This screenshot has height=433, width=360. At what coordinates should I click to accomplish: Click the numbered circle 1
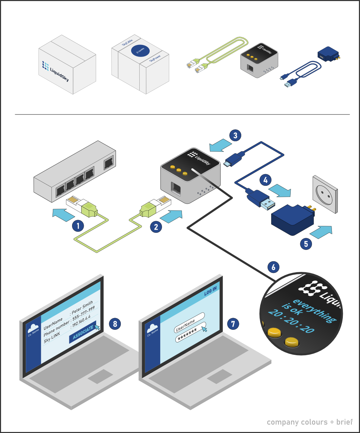click(78, 226)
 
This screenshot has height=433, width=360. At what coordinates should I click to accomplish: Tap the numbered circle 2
click(156, 227)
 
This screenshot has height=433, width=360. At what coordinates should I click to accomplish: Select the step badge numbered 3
click(235, 135)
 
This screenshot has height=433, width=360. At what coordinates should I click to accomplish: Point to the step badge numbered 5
click(306, 244)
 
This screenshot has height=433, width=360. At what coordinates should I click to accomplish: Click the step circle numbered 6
click(273, 267)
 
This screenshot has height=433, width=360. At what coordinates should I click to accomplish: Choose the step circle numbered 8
click(115, 324)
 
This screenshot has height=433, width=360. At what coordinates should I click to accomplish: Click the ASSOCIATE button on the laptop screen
click(83, 333)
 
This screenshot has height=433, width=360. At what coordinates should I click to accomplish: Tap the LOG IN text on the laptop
click(210, 291)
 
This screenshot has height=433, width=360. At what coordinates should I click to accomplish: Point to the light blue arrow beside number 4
click(280, 191)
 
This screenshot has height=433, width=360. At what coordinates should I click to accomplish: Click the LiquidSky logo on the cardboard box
click(55, 71)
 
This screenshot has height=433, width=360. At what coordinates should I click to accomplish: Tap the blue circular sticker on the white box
click(140, 51)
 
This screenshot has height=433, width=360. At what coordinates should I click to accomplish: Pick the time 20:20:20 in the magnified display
click(291, 321)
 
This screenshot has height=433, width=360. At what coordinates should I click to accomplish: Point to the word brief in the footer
click(344, 422)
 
